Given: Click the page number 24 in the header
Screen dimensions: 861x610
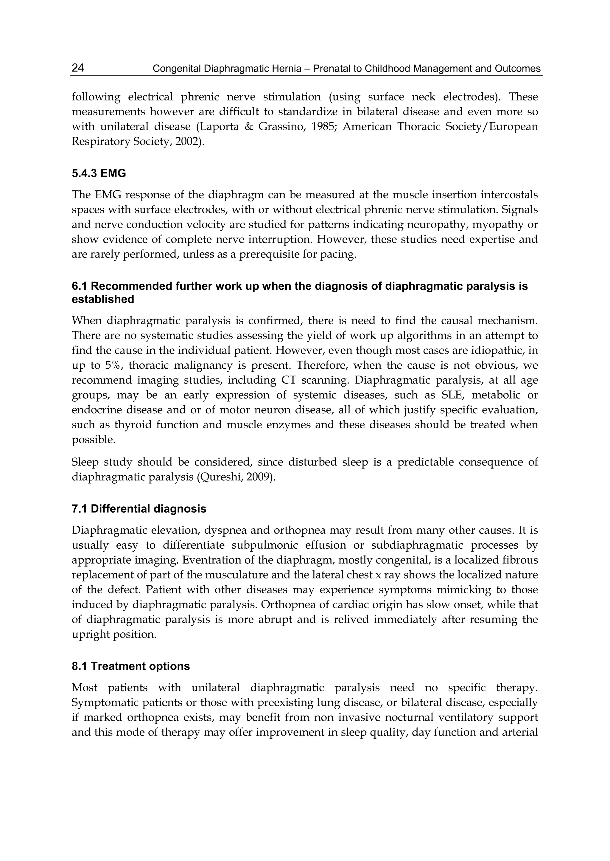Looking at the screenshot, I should (x=78, y=68).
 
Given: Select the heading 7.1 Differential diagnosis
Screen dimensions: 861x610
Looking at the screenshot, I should (x=139, y=509).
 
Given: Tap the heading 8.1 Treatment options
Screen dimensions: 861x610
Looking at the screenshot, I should (x=131, y=666).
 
